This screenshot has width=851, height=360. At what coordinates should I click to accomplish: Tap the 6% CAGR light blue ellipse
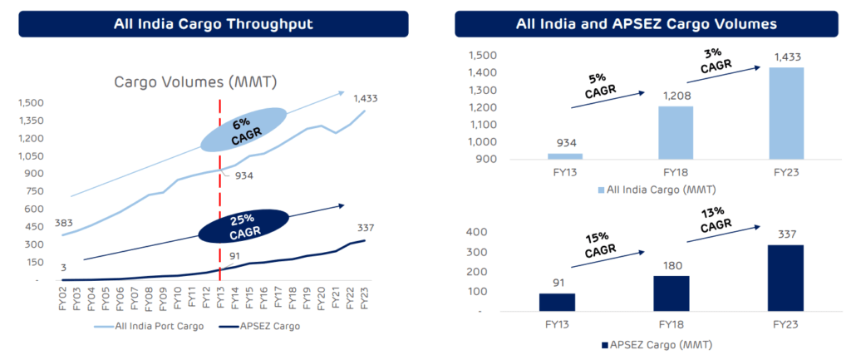click(x=243, y=130)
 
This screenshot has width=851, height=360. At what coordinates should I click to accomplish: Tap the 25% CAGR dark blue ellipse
click(x=243, y=224)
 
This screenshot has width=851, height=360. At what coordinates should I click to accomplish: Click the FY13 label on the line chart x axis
click(x=220, y=298)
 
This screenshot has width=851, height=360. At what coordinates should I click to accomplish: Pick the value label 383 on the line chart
click(x=41, y=224)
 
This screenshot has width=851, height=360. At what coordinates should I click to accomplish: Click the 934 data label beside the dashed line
click(x=243, y=175)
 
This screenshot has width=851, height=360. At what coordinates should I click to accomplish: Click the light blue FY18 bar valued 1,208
click(x=676, y=133)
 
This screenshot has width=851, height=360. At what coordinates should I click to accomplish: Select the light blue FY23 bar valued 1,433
click(x=786, y=113)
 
